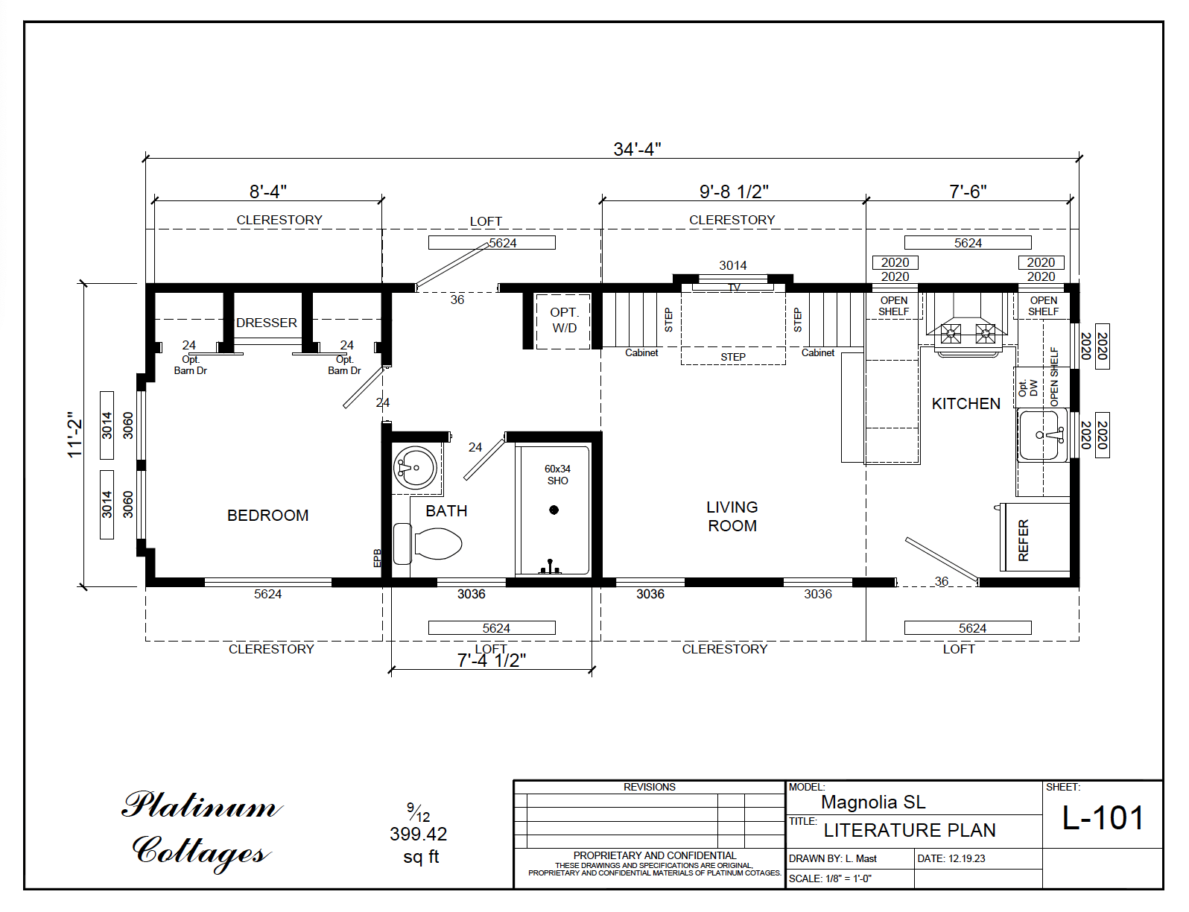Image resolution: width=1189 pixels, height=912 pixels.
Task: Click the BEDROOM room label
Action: point(267,516)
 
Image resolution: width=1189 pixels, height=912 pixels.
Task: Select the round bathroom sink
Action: point(415,468)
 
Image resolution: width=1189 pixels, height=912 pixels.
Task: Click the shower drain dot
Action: point(554,510)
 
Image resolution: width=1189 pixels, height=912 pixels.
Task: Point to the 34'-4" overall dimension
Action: point(637,149)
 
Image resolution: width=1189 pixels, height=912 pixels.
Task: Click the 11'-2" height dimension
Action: point(74,435)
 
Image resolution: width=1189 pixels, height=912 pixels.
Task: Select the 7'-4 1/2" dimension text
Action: point(492,661)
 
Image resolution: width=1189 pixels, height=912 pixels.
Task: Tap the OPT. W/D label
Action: point(564,320)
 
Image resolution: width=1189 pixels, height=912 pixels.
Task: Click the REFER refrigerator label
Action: point(1024,540)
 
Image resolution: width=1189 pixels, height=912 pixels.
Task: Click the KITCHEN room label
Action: point(966,404)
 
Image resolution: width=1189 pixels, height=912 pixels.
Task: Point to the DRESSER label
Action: point(267,323)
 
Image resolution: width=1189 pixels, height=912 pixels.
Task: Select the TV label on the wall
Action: point(734,288)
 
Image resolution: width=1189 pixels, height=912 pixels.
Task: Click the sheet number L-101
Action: point(1103,818)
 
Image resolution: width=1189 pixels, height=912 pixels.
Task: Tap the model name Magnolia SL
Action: point(873,802)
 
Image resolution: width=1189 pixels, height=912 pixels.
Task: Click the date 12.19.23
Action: point(966,858)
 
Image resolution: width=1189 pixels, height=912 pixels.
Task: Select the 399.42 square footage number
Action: point(418,835)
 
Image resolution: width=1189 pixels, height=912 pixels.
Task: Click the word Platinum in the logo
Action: point(201,806)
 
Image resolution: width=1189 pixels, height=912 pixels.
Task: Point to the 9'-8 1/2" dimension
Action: point(733,192)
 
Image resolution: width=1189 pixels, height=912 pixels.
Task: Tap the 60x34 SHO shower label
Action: point(557,475)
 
